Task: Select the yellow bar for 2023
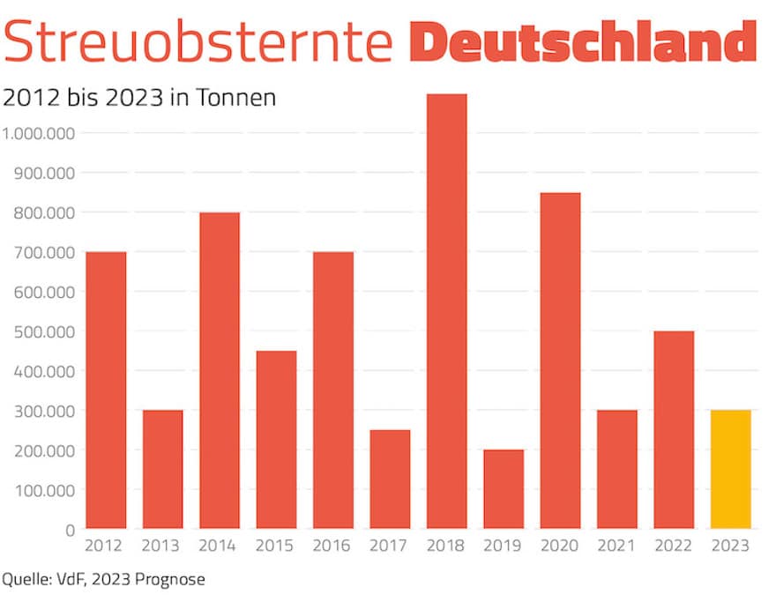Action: pos(730,469)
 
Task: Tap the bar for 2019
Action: pos(503,489)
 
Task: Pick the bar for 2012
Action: pos(105,390)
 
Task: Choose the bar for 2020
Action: pos(560,360)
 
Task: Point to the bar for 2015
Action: pos(276,440)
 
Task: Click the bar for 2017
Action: pos(390,479)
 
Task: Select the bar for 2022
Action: pos(674,430)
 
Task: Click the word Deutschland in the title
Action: pos(583,41)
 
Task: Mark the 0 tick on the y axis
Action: pos(69,530)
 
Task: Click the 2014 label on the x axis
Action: pos(219,546)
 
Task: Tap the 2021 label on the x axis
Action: pos(616,546)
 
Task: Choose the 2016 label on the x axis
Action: pos(332,546)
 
